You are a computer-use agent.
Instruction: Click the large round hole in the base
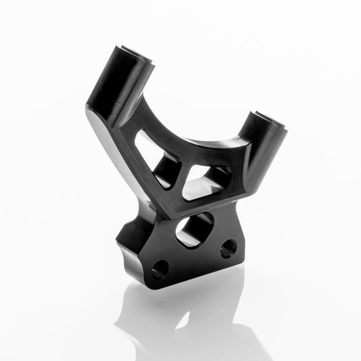click(195, 230)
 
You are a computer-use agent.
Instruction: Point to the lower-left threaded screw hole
click(160, 270)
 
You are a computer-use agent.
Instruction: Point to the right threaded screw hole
click(229, 248)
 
